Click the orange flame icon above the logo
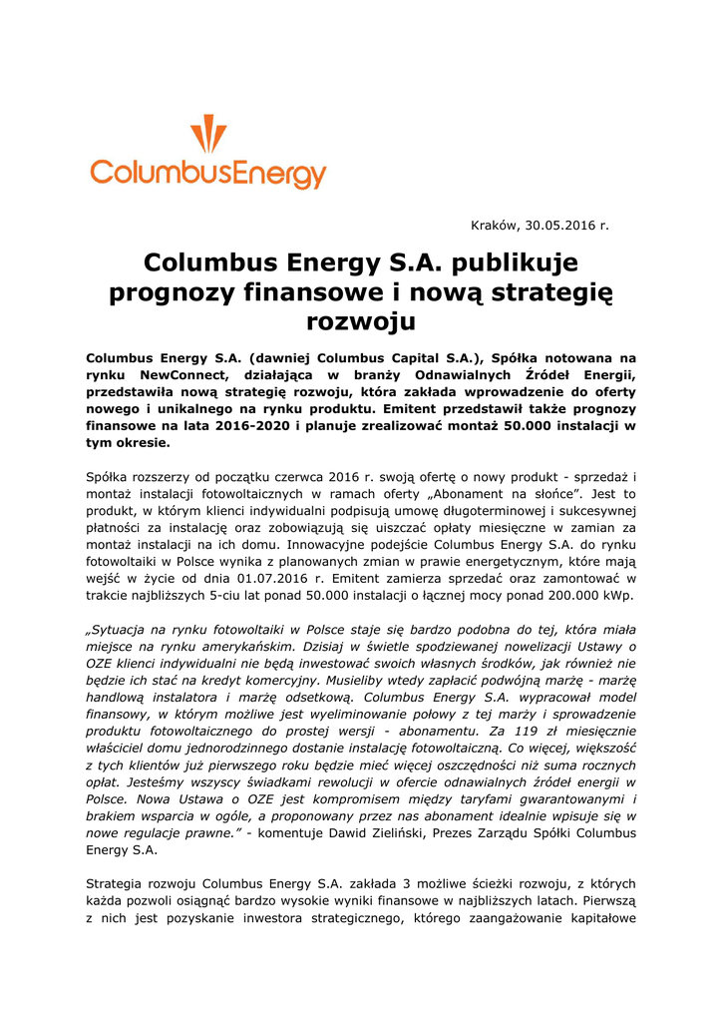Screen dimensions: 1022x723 208,134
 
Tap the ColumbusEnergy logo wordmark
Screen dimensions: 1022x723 208,174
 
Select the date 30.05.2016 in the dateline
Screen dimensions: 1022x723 559,226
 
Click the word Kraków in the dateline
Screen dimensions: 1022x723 494,226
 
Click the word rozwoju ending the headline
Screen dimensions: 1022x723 360,321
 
